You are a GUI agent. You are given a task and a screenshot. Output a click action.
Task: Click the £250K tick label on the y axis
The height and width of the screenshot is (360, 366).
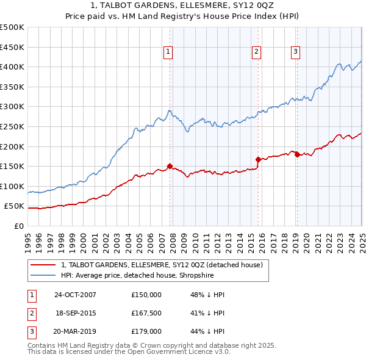coord(12,126)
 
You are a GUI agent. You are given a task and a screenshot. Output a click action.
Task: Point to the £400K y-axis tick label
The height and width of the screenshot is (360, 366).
coord(12,67)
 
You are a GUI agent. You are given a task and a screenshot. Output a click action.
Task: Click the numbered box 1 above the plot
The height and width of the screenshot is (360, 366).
coord(168,52)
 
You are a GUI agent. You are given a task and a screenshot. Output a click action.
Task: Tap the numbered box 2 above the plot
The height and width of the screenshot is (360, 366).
coord(257,52)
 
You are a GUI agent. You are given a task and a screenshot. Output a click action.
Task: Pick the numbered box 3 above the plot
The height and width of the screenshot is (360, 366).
coord(295,52)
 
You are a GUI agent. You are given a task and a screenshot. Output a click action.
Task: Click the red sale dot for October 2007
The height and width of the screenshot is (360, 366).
coord(170,166)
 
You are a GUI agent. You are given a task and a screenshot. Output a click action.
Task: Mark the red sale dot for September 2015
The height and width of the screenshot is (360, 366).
coord(258,159)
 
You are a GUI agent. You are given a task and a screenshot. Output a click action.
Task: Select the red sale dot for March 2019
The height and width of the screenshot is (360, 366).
coord(297,154)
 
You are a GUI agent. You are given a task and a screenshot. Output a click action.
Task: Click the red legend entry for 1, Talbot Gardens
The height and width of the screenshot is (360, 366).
coord(162,265)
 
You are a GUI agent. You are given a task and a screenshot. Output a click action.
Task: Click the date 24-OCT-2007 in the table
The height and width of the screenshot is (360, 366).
coord(75,294)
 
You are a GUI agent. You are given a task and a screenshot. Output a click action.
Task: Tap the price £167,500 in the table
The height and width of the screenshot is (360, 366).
coord(146,313)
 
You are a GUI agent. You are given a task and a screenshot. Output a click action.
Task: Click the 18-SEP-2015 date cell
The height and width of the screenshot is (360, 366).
coord(75,313)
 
